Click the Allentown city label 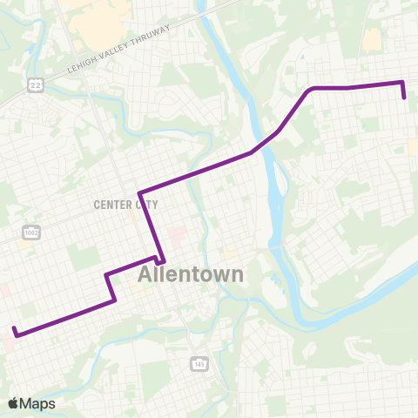click(191, 274)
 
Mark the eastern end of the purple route click(406, 98)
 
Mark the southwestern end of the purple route click(15, 329)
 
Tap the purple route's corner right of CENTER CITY click(140, 193)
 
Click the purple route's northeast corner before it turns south click(402, 83)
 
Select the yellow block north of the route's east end click(373, 39)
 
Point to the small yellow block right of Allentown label click(229, 254)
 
